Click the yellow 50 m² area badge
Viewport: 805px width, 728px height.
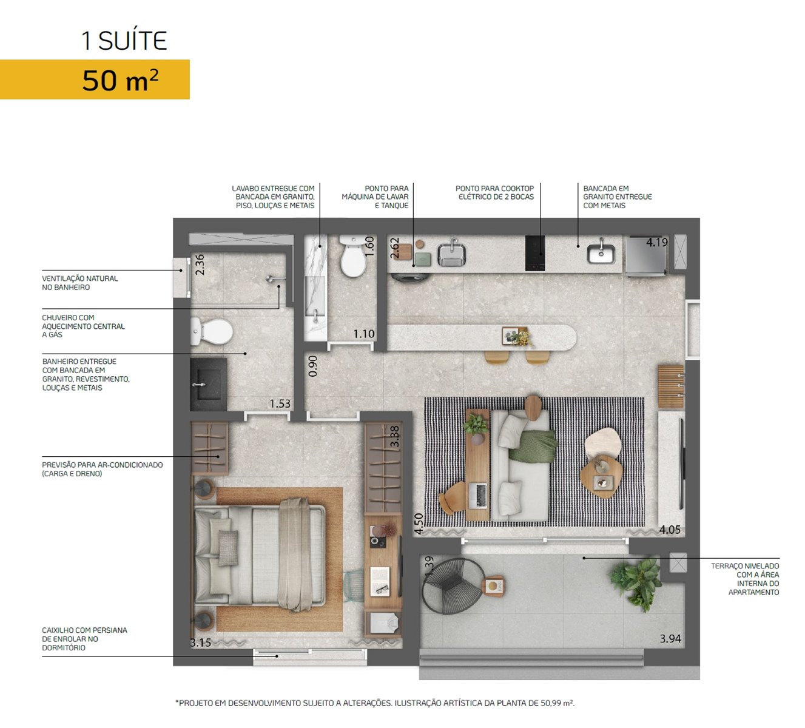pos(95,79)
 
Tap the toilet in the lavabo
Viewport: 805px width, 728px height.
pos(353,255)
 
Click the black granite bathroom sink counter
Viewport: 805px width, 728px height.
pos(208,384)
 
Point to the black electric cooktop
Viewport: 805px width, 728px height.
pos(535,253)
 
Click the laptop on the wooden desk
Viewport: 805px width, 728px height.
pos(477,495)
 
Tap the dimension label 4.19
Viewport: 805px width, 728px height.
pos(657,242)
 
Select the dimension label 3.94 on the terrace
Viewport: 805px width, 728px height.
pos(670,638)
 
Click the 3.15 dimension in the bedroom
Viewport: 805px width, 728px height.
pos(200,642)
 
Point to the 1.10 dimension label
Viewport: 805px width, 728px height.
pos(363,334)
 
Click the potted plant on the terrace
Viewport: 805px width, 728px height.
pos(637,583)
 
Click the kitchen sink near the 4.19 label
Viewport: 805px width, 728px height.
pos(601,252)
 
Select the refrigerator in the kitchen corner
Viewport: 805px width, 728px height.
pos(646,255)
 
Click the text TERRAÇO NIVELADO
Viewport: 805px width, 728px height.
pos(745,566)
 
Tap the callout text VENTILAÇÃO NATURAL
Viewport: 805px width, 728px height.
pos(80,278)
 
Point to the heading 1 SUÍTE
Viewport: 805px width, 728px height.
pos(124,41)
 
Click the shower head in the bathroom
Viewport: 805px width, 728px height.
pos(275,278)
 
